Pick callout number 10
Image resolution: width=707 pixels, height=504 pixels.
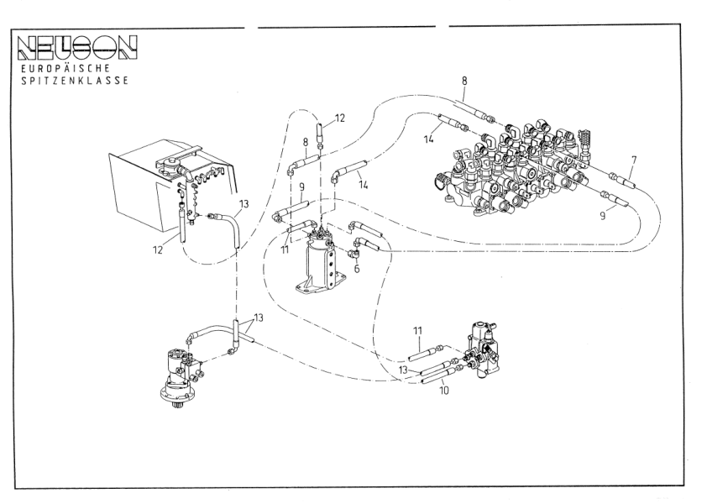(x=444, y=391)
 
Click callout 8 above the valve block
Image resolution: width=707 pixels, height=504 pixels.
(x=463, y=82)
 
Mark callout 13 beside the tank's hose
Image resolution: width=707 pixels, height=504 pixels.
(x=244, y=203)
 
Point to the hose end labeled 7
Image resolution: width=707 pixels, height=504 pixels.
(x=621, y=179)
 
